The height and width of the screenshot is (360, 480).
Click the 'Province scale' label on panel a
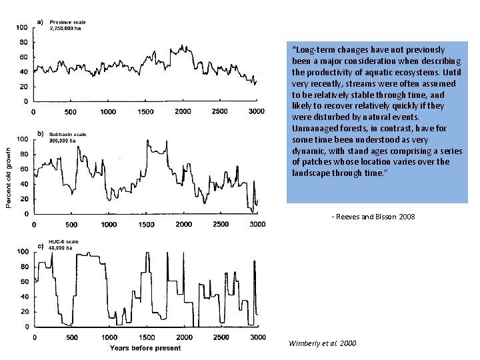(x=68, y=23)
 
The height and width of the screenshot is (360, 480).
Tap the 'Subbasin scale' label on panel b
(x=68, y=135)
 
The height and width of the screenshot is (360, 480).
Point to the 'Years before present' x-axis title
(x=145, y=348)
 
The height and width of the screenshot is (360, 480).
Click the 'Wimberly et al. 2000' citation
(x=322, y=343)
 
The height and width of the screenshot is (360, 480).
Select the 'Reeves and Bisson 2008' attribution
(x=373, y=217)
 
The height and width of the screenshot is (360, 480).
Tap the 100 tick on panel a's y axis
(x=21, y=27)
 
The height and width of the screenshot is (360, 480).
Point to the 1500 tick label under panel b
(x=145, y=225)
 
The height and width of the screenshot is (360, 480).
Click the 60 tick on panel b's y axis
(x=23, y=169)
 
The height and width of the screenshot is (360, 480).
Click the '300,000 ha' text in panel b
(x=64, y=141)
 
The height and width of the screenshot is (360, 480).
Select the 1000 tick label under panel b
(x=108, y=225)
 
